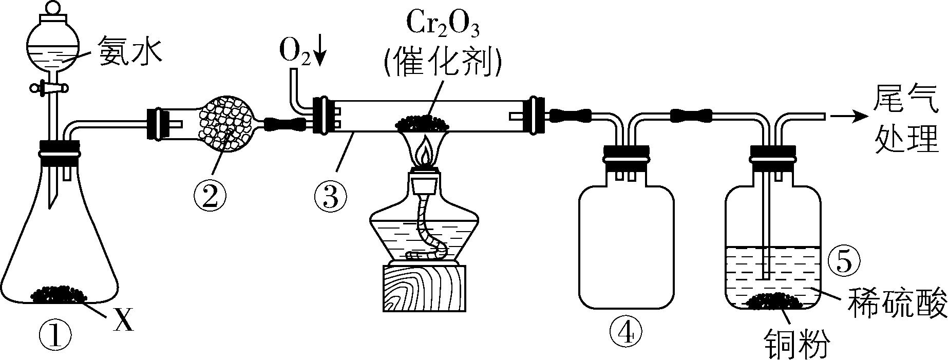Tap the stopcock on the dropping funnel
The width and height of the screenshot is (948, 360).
(x=50, y=88)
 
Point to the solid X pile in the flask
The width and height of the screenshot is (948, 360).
(x=59, y=294)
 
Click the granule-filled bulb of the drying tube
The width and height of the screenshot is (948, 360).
(x=226, y=123)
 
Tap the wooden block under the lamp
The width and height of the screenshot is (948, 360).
(x=424, y=288)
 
